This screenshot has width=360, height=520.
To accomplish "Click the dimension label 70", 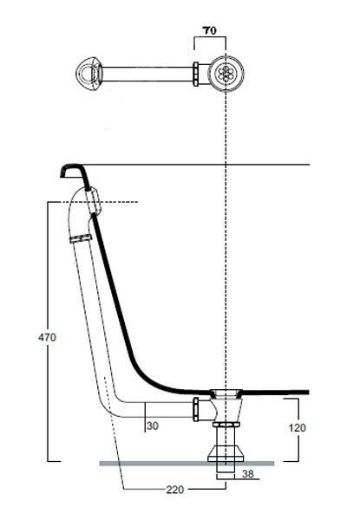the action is [209, 30].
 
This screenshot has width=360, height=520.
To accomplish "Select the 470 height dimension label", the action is [47, 337].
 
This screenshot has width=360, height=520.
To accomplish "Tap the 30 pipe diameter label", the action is [153, 426].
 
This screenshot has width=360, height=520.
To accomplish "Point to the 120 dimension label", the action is [297, 427].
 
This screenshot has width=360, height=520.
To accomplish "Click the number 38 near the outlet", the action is [247, 473].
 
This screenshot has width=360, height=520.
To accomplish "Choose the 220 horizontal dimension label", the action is [175, 489].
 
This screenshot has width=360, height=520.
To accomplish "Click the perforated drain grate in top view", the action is [226, 72].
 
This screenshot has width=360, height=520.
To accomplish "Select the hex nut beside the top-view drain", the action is [196, 74].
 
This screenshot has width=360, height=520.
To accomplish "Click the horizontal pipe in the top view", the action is [148, 74].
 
